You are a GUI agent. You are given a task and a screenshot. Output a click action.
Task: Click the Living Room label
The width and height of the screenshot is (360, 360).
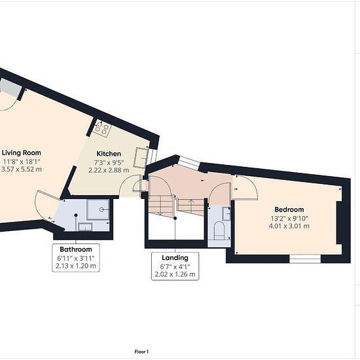(x=22, y=153)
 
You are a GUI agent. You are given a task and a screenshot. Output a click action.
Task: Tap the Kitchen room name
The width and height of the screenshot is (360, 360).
(x=109, y=154)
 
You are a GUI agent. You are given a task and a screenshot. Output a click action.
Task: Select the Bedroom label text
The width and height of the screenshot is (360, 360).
(x=289, y=209)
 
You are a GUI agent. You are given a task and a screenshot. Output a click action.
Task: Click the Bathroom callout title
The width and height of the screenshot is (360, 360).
(x=76, y=249)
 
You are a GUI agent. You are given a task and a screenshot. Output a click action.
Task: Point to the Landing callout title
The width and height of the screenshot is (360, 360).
(x=175, y=258)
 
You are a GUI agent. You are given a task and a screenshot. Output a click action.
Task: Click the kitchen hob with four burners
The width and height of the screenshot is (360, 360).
(x=101, y=128)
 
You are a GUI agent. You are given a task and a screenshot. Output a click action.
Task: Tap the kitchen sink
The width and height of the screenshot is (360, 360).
(x=140, y=158)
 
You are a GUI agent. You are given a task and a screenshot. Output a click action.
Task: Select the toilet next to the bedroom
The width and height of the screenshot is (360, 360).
(x=219, y=230)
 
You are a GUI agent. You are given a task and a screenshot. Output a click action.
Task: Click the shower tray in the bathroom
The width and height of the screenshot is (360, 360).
(x=98, y=209)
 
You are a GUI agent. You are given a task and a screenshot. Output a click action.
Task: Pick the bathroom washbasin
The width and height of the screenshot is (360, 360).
(x=85, y=227)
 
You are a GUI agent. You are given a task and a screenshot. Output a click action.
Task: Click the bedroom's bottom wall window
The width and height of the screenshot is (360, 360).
(x=305, y=259)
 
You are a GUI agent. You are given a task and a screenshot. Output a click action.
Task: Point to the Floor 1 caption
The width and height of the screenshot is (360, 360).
(x=141, y=351)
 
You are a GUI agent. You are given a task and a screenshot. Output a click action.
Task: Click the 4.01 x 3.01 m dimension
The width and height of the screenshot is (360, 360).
(x=289, y=226)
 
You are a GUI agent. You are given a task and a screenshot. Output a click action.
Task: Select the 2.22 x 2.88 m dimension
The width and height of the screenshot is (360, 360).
(x=109, y=170)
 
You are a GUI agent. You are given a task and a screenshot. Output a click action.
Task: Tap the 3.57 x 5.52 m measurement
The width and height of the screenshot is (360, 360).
(x=22, y=170)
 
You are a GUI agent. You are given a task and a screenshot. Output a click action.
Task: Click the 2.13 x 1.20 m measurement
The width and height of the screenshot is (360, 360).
(x=76, y=266)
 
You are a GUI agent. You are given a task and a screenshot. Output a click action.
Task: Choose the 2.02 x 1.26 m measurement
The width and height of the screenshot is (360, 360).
(x=175, y=274)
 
